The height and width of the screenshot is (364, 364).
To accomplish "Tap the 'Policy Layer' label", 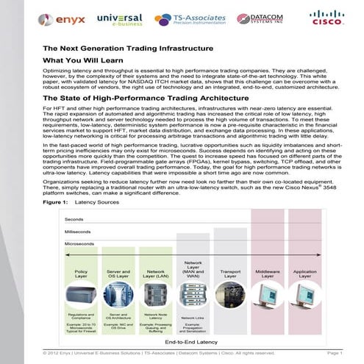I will click(82, 273).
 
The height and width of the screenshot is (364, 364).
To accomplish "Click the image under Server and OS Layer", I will click(118, 295).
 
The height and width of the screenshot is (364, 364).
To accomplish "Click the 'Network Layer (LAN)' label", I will click(155, 273).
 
